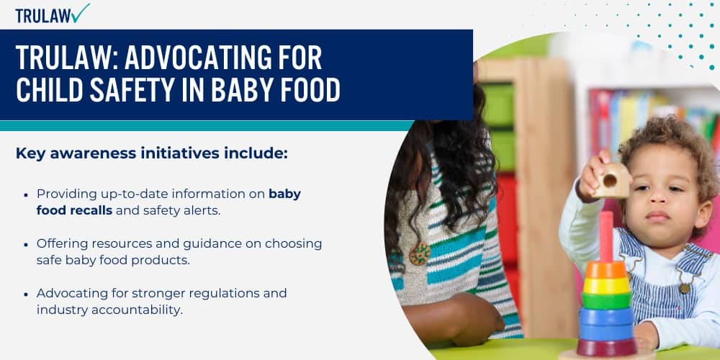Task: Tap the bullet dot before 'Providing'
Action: (x=26, y=194)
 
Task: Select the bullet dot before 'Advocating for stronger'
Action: (x=26, y=294)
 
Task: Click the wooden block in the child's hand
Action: (x=611, y=180)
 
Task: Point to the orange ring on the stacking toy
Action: (x=606, y=270)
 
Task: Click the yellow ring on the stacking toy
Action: (x=606, y=284)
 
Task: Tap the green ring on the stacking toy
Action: (x=606, y=300)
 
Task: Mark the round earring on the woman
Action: (x=420, y=253)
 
